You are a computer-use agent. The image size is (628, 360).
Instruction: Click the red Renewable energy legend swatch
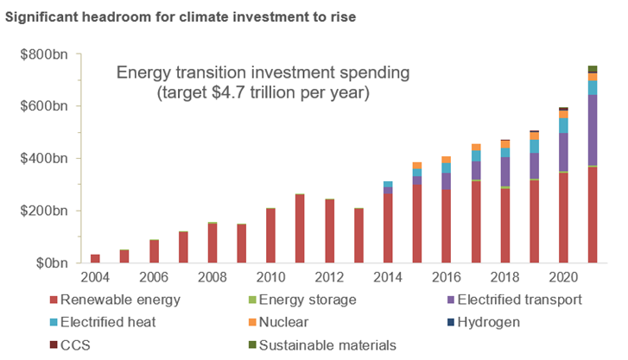tap(54, 300)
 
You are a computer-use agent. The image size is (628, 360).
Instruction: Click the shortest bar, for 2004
tap(95, 258)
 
